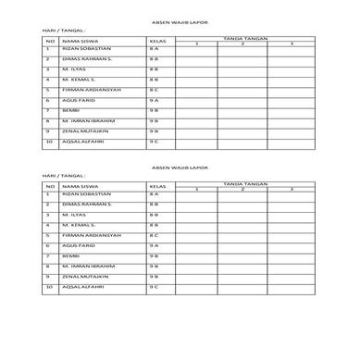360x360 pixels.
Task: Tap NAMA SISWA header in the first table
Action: click(74, 42)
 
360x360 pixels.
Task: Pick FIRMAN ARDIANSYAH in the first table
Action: click(86, 90)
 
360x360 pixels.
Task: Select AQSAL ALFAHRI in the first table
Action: click(81, 142)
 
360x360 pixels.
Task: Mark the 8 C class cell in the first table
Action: click(154, 90)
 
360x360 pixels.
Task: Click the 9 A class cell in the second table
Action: click(154, 246)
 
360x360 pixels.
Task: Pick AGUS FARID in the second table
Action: click(77, 246)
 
